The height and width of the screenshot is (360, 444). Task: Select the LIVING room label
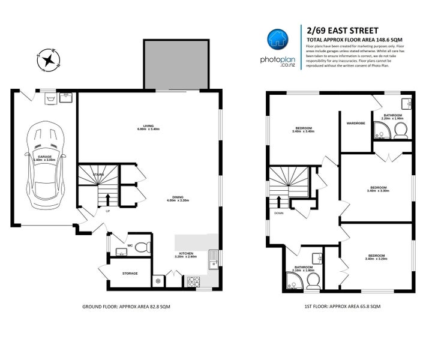(x=142, y=127)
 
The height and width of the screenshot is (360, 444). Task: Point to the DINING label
(x=178, y=198)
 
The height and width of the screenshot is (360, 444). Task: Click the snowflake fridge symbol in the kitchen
(x=158, y=280)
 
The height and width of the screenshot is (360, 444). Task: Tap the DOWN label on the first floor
(x=279, y=212)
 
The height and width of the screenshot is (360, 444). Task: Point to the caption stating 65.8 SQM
(x=342, y=307)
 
